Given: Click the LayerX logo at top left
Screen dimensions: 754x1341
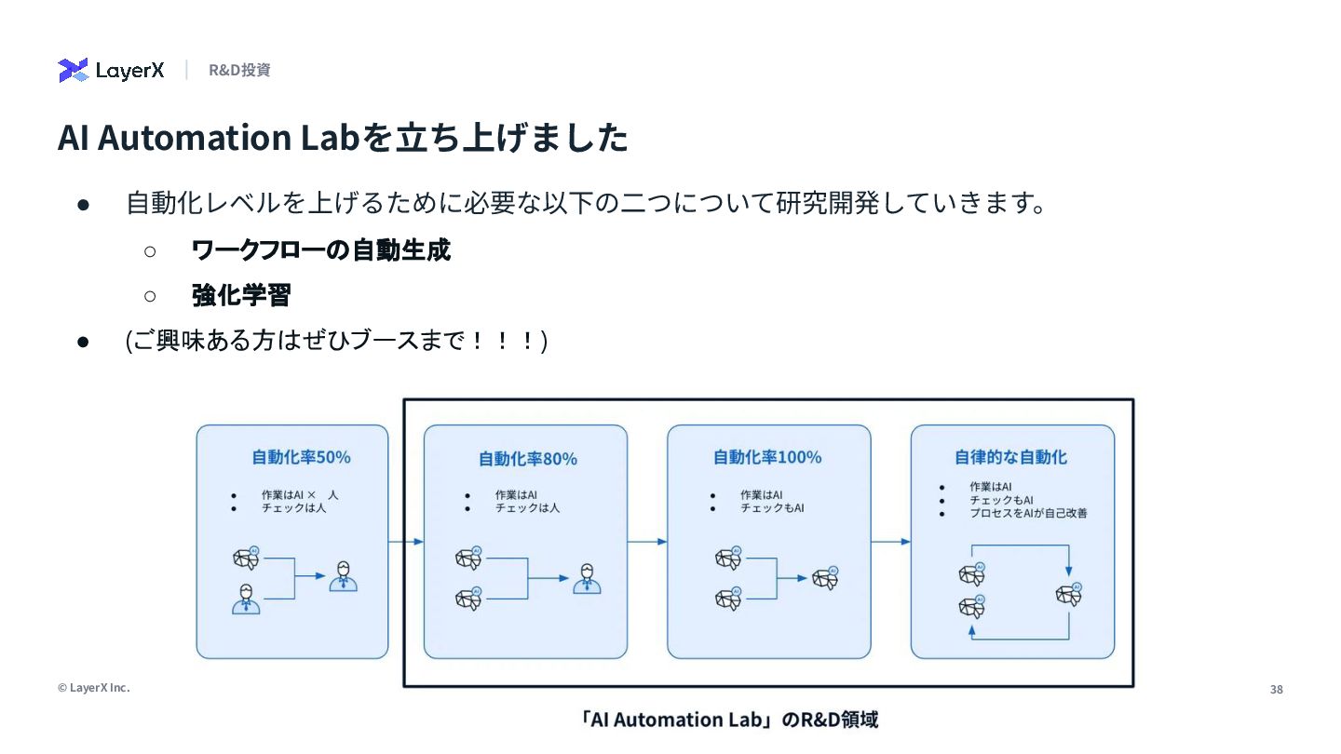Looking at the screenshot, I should tap(111, 70).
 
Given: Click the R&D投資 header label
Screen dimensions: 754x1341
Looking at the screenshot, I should tap(239, 70).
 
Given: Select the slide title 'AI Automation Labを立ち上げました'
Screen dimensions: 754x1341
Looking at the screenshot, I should tap(343, 138).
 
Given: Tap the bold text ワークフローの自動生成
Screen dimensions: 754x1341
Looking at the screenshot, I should tap(320, 249).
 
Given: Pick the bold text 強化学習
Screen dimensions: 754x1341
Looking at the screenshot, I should tap(241, 295).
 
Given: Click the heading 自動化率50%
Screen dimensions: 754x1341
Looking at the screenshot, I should tap(301, 457).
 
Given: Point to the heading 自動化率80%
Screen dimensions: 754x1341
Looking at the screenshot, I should tap(527, 458).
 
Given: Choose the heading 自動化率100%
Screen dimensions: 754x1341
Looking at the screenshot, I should tap(767, 457).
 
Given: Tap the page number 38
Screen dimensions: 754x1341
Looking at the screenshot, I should tap(1276, 690).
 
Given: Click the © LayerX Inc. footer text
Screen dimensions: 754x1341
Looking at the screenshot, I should tap(93, 688).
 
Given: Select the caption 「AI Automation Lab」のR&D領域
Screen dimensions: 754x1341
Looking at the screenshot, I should tap(726, 720).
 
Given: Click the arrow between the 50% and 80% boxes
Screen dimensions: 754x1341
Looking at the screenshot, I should tap(406, 542).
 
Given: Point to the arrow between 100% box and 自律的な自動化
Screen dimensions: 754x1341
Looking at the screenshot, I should tap(891, 542).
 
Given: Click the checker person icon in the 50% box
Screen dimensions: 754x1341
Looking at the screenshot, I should tap(343, 577).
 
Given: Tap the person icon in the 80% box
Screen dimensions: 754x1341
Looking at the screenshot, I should tap(587, 578).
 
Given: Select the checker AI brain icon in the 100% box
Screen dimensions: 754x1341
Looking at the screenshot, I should tap(825, 578).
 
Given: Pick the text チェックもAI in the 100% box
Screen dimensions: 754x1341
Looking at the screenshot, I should tap(772, 508).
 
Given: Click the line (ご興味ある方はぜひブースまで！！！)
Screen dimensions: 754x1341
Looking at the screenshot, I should tap(336, 341).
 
